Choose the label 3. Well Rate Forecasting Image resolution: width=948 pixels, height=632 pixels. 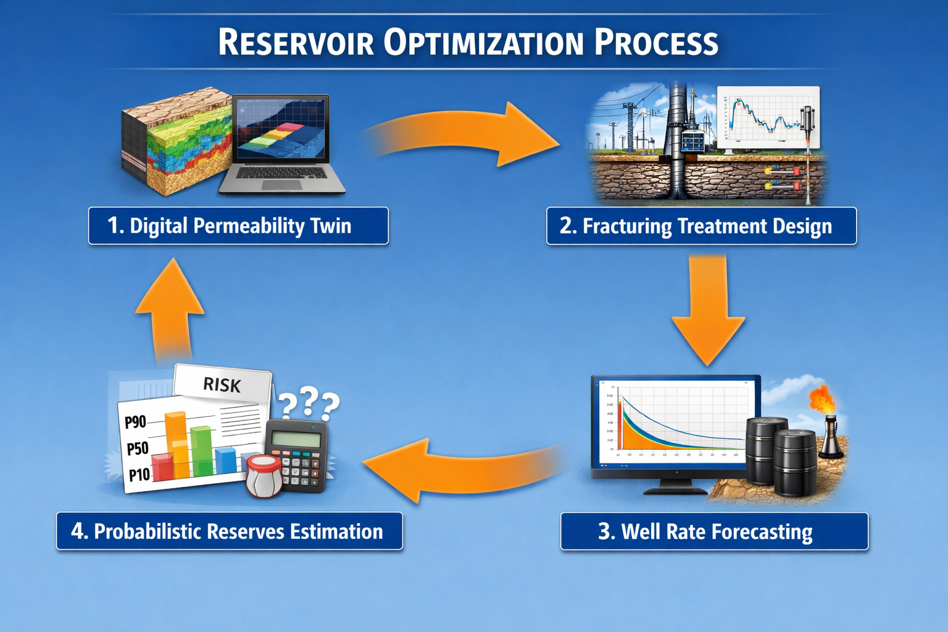(x=714, y=531)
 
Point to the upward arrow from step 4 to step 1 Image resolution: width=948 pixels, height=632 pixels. (x=170, y=309)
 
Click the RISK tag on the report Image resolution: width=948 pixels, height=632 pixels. (x=222, y=385)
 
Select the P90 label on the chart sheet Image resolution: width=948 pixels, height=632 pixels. (x=136, y=422)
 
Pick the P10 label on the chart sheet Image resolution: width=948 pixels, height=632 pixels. (x=139, y=475)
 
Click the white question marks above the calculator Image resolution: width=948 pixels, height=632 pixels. (x=309, y=404)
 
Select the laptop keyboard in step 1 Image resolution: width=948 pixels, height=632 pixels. (x=281, y=173)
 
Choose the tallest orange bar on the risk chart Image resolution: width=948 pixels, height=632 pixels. (x=177, y=444)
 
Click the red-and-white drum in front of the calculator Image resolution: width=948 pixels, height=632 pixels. (x=264, y=475)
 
